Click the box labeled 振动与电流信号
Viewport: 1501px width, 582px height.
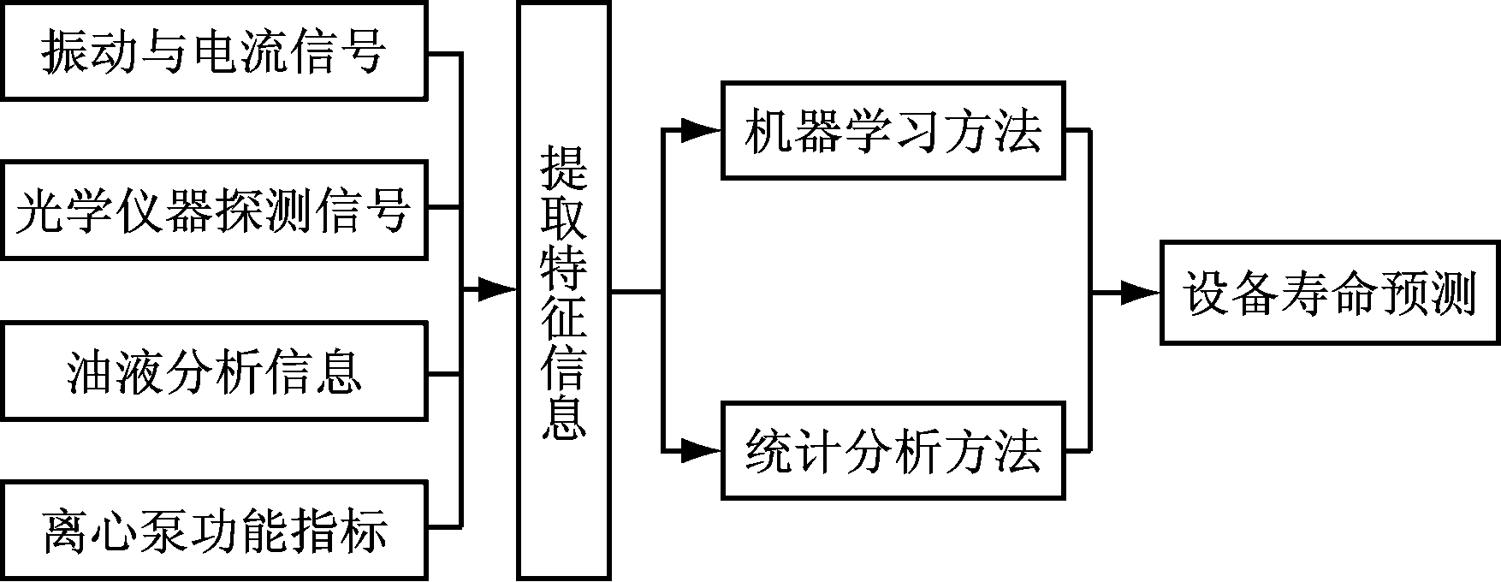coord(214,50)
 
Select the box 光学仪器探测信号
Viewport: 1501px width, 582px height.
coord(214,211)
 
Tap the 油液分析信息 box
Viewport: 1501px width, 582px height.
coord(214,371)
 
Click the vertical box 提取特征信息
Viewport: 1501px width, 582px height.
coord(563,291)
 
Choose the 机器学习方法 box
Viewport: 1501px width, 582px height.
coord(893,131)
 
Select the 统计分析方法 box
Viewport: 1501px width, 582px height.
coord(893,450)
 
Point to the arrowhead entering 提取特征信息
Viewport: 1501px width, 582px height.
coord(498,290)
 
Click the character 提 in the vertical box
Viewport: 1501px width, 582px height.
coord(563,166)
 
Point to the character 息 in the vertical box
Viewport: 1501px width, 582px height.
coord(563,416)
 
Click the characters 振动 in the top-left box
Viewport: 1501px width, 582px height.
coord(92,51)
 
